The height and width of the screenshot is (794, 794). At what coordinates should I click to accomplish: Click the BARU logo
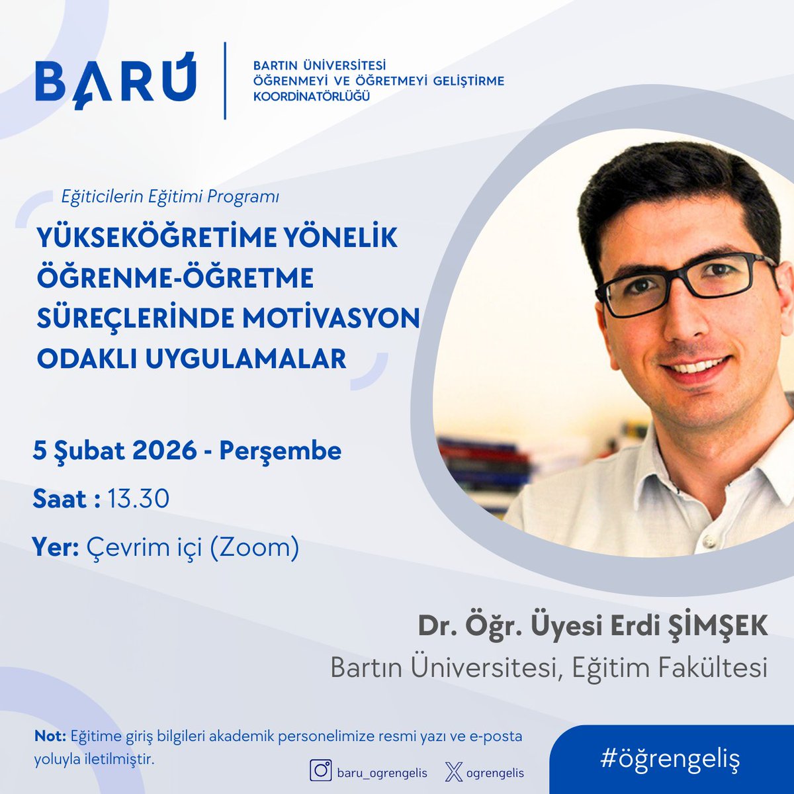[116, 81]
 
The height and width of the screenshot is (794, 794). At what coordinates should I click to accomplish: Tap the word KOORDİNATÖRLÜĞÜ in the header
[312, 97]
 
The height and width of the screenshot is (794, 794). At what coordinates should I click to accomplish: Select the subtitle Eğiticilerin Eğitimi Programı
[170, 197]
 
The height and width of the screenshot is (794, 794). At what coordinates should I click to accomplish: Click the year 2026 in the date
[165, 451]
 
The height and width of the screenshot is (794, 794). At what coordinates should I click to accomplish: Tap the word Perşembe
[280, 451]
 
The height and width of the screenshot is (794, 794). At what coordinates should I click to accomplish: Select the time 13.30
[138, 499]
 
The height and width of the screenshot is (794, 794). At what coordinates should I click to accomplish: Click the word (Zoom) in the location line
[255, 548]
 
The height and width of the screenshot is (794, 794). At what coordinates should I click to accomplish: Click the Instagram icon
[322, 772]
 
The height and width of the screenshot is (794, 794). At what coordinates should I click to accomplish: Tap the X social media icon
[453, 772]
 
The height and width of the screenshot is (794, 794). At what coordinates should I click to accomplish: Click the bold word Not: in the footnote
[50, 736]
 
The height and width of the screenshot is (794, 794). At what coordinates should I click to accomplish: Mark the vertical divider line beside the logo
[225, 81]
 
